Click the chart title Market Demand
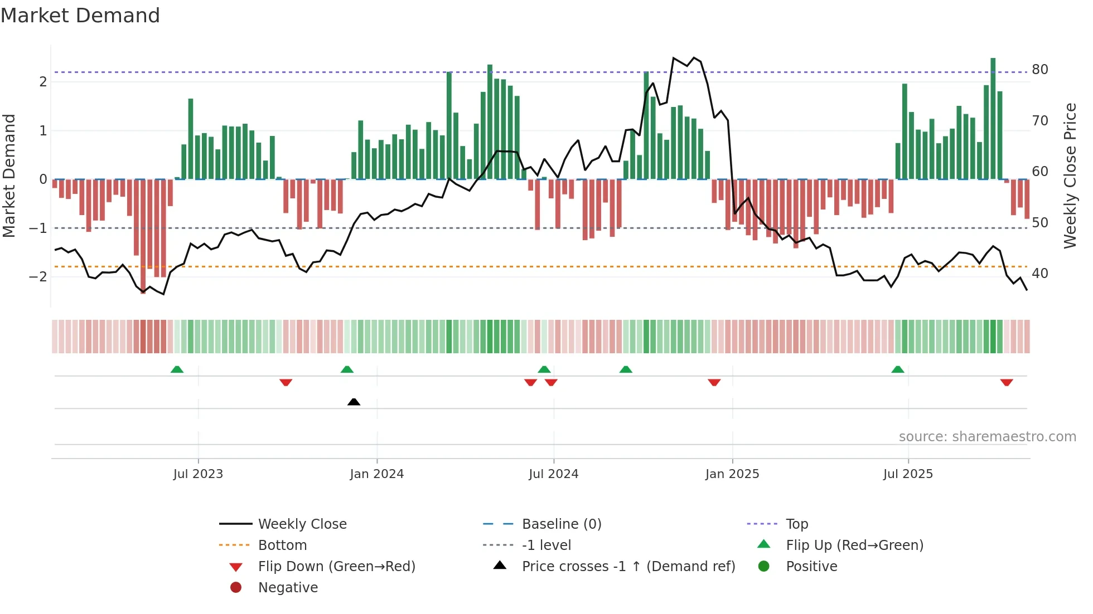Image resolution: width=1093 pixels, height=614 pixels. point(80,16)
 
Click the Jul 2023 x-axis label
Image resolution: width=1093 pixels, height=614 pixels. point(198,474)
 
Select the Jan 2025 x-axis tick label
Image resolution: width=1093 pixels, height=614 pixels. point(732,474)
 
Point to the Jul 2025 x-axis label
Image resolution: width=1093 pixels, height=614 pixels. point(908,474)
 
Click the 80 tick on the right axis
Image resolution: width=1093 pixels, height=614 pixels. point(1039,70)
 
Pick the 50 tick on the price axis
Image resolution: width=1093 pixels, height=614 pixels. point(1039,223)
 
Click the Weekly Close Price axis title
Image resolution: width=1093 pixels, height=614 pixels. point(1070,176)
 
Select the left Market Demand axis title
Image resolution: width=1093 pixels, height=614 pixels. point(9,176)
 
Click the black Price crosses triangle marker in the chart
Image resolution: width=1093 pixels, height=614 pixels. point(354,402)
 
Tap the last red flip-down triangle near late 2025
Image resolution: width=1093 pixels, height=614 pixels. point(1006,382)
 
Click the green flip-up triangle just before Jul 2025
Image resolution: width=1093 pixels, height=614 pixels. point(897,369)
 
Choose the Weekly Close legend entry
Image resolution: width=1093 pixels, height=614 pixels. point(302,524)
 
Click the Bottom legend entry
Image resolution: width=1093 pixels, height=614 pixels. point(282,545)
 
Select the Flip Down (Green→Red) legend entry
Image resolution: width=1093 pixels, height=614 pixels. point(336,567)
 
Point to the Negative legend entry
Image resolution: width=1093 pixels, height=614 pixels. point(288,588)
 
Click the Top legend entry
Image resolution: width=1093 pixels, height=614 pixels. point(796,524)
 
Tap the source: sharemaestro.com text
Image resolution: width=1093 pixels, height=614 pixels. point(987,437)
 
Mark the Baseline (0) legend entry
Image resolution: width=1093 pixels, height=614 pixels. point(561,524)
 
